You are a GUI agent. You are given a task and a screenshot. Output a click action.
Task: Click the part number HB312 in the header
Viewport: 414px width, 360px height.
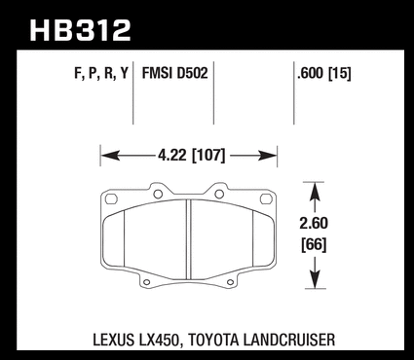(x=80, y=30)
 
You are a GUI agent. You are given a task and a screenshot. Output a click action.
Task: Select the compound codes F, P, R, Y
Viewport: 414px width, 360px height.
(x=101, y=73)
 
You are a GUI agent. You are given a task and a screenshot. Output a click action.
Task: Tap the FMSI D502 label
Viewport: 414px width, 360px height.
(x=174, y=73)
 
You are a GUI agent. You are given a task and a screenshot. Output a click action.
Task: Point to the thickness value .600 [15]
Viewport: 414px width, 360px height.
(x=324, y=74)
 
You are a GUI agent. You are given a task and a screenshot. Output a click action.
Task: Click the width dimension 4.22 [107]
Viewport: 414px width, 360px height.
(x=191, y=156)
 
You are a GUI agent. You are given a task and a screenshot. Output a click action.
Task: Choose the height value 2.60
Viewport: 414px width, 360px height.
(x=314, y=223)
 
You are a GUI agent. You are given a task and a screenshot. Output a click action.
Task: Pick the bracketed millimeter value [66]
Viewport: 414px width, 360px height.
(x=314, y=244)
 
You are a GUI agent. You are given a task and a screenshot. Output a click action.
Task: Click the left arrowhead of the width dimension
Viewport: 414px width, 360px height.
(x=109, y=156)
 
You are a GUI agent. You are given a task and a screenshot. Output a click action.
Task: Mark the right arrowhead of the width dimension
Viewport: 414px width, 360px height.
(x=268, y=156)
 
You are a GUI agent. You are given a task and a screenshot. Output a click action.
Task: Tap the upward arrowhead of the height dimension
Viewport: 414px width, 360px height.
(x=315, y=191)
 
